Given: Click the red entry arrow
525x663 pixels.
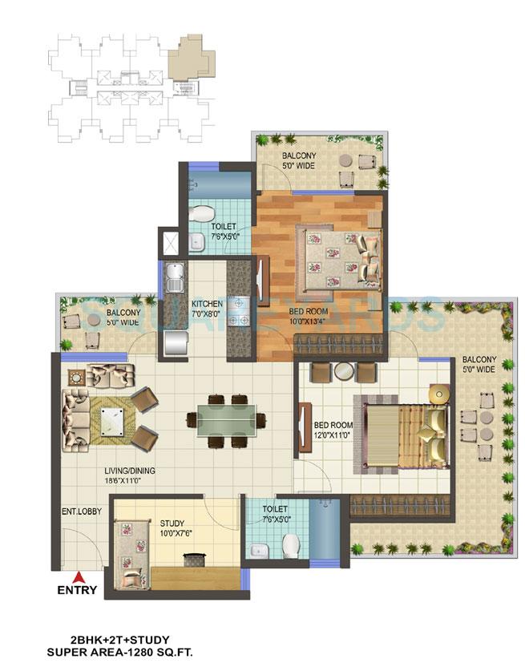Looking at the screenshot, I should click(x=78, y=576).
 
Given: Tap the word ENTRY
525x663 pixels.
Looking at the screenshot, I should click(x=78, y=591).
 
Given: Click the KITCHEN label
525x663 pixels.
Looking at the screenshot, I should click(x=207, y=304).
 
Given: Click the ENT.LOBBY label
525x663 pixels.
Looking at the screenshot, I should click(x=79, y=511).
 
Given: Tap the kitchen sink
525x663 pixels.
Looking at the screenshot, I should click(x=174, y=281).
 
